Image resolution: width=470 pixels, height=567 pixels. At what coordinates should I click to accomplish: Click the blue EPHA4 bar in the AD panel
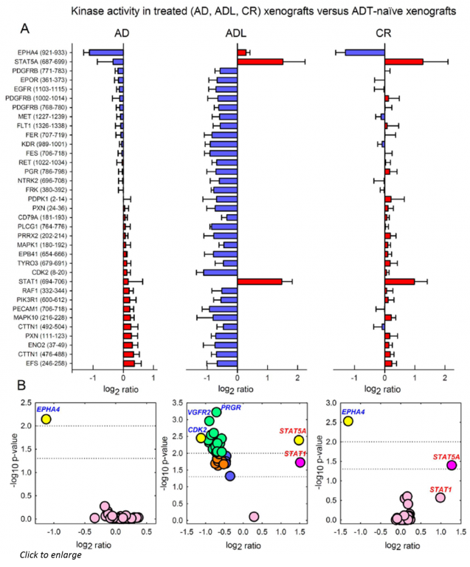click(x=106, y=52)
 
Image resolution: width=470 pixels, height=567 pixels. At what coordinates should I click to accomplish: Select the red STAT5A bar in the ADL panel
click(x=260, y=62)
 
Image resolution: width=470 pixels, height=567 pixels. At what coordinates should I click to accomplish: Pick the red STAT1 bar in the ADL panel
click(x=260, y=281)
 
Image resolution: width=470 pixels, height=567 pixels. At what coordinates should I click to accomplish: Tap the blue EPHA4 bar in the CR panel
click(x=364, y=52)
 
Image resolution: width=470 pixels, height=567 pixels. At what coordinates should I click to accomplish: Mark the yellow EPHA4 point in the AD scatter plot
click(x=46, y=419)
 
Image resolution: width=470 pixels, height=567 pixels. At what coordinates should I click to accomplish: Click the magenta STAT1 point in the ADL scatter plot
click(x=300, y=462)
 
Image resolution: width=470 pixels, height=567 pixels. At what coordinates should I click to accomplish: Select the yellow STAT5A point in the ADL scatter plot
click(x=298, y=440)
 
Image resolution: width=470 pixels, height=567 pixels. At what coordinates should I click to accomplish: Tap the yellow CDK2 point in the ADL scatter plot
click(x=201, y=438)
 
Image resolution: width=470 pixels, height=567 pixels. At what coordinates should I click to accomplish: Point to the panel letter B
click(x=23, y=385)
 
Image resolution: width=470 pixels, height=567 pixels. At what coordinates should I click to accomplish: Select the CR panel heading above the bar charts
click(x=383, y=34)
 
